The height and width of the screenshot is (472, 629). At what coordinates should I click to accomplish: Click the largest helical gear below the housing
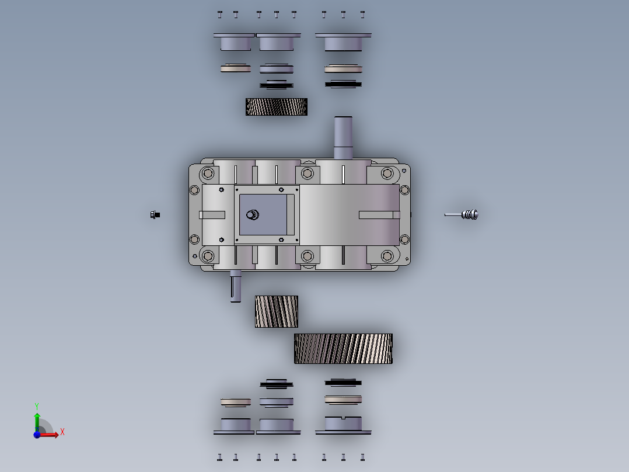[x=343, y=349]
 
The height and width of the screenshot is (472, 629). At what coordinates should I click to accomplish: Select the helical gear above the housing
[x=277, y=107]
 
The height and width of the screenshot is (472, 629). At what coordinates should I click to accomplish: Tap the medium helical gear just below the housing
[x=277, y=311]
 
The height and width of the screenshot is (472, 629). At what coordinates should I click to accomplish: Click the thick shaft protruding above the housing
[x=343, y=137]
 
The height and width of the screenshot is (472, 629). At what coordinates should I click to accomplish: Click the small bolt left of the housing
[x=155, y=214]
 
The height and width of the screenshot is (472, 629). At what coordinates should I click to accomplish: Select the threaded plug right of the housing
[x=467, y=214]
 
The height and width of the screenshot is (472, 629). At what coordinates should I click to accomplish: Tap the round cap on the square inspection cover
[x=252, y=214]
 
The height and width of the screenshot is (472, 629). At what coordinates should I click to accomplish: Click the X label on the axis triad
[x=62, y=432]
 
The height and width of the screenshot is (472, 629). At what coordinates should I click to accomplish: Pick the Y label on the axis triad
[x=37, y=405]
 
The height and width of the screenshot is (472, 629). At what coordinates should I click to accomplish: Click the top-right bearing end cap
[x=343, y=41]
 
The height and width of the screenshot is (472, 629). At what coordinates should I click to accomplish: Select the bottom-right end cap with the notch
[x=343, y=425]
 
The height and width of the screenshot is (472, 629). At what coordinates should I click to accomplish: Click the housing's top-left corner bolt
[x=207, y=173]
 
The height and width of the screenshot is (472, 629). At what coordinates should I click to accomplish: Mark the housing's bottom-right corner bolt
[x=387, y=256]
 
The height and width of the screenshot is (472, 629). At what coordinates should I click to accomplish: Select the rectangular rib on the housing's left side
[x=212, y=214]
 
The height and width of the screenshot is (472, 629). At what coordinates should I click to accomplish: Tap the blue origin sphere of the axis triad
[x=37, y=434]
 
